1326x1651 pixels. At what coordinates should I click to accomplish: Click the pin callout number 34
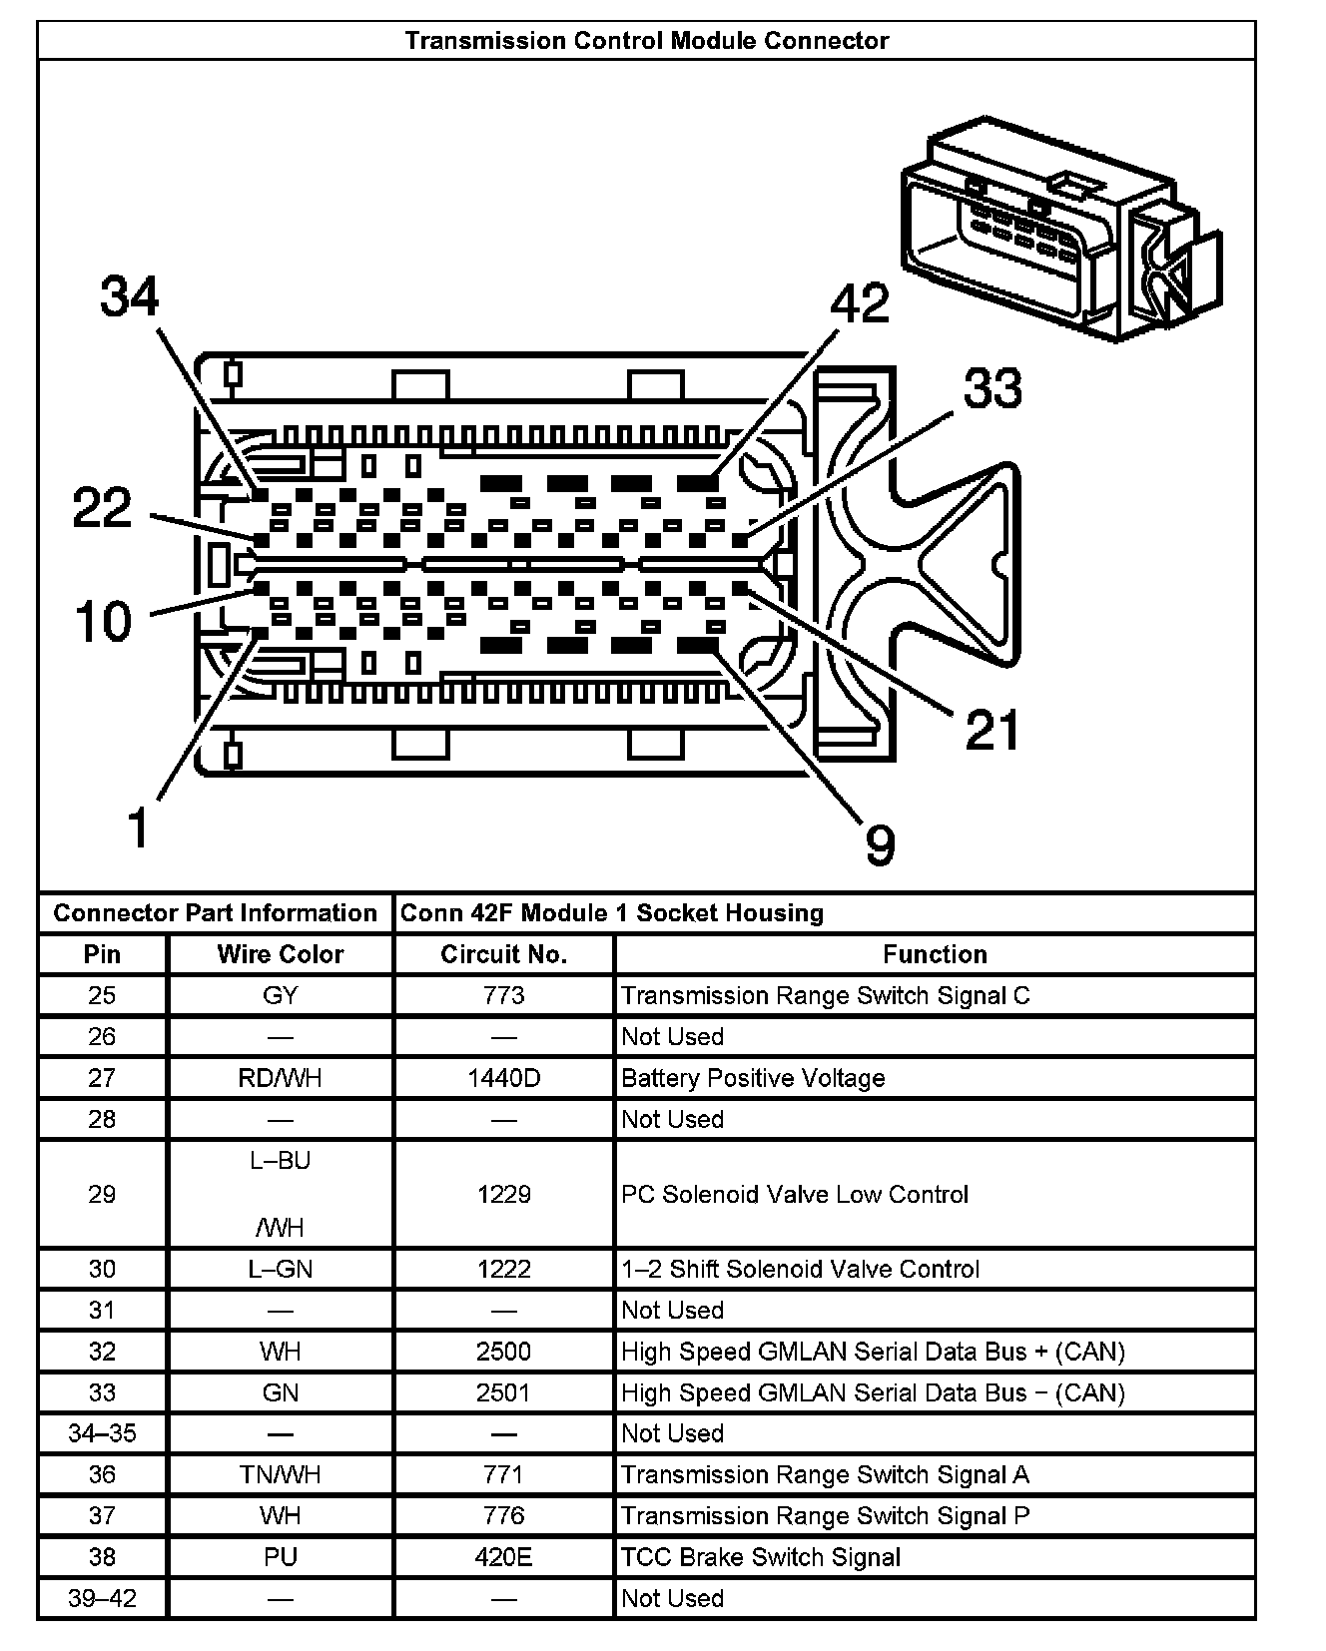coord(130,297)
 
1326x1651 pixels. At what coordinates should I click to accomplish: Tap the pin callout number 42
coord(860,303)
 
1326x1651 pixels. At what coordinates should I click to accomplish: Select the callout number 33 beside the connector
coord(993,388)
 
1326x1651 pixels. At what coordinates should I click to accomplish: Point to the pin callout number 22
coord(103,508)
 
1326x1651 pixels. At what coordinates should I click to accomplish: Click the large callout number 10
coord(104,621)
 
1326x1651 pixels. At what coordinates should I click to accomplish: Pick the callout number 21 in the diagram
coord(993,730)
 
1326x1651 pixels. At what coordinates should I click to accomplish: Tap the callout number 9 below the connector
coord(880,845)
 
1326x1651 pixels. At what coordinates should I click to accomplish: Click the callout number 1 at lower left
coord(139,827)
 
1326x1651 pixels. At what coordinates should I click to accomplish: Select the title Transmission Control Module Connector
coord(646,41)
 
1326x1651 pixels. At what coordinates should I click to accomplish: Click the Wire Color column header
coord(281,954)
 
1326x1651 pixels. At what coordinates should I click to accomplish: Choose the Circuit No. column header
coord(504,954)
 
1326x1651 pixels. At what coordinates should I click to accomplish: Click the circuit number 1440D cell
coord(504,1078)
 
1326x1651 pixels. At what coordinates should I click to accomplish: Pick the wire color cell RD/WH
coord(281,1078)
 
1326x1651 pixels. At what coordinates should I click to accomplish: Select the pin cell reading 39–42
coord(102,1598)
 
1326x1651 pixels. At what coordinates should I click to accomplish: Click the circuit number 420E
coord(504,1557)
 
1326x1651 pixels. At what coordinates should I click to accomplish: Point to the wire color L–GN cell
coord(281,1269)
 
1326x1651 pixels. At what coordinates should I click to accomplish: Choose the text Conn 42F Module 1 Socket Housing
coord(612,913)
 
